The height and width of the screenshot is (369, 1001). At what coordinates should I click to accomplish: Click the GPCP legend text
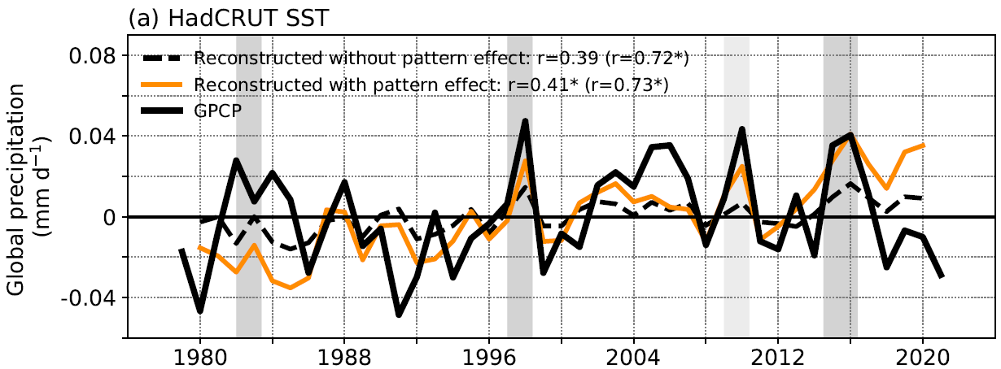(219, 111)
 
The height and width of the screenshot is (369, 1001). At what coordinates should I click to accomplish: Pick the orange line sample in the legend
(165, 85)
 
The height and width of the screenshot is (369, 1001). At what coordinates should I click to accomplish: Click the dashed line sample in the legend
(165, 59)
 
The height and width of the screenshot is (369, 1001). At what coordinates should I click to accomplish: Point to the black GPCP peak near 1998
(526, 121)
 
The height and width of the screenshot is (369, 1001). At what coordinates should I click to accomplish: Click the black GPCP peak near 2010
(742, 128)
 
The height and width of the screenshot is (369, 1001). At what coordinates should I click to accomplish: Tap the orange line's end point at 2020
(923, 145)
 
